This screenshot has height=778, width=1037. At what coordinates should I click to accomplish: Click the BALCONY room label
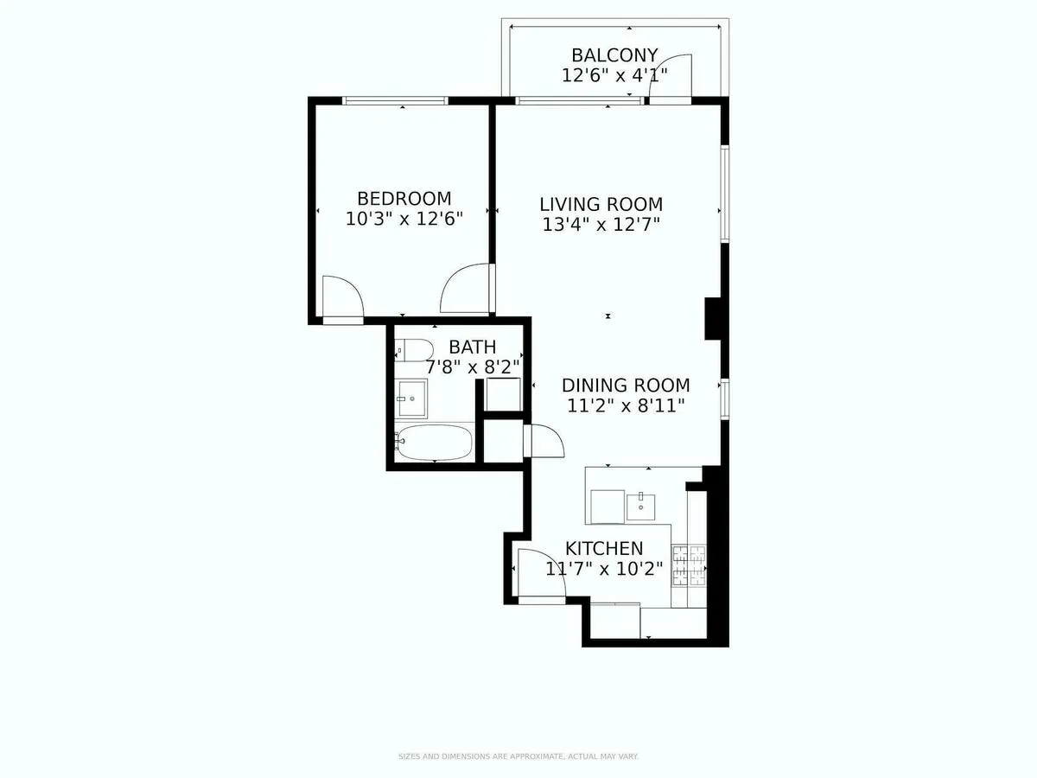(614, 55)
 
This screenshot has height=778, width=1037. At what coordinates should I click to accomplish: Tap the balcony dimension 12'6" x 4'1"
(614, 75)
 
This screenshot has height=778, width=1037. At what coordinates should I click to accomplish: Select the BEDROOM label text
(404, 198)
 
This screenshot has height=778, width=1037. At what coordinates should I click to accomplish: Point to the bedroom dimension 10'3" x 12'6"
(404, 219)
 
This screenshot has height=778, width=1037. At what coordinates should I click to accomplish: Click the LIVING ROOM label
(601, 205)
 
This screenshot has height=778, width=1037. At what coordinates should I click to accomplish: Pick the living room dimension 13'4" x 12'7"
(601, 226)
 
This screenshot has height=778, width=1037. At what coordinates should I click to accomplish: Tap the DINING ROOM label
(626, 386)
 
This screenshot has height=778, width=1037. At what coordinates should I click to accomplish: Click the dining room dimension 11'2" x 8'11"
(626, 405)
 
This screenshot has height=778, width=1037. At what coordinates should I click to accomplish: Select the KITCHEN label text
(604, 548)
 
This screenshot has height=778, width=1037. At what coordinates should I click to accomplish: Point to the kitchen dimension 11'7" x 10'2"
(604, 569)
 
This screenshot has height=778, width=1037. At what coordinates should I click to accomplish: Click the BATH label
(472, 348)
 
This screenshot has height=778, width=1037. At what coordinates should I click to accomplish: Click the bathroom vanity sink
(412, 399)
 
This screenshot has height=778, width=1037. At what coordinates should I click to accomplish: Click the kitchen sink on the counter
(640, 503)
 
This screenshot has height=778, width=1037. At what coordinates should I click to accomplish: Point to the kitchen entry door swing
(542, 571)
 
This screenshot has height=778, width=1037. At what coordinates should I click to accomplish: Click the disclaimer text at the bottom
(518, 756)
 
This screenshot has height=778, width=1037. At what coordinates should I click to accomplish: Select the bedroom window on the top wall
(395, 101)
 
